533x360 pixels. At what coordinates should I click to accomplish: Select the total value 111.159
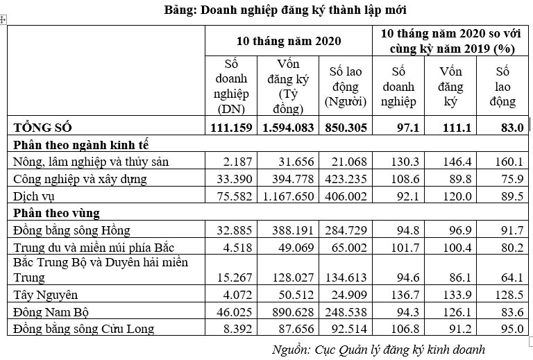230,128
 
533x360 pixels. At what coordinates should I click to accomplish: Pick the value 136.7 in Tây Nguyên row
403,296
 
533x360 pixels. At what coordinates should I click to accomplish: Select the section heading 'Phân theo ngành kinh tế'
81,145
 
